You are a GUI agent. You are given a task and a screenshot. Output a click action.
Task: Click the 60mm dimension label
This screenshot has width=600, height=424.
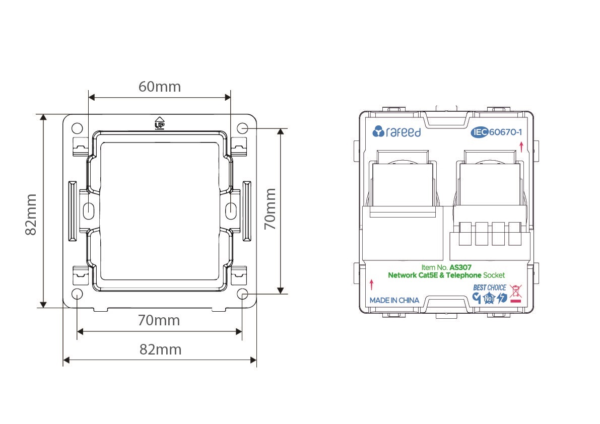[160, 87]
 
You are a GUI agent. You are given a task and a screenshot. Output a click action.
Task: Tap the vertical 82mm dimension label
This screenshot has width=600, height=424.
[31, 214]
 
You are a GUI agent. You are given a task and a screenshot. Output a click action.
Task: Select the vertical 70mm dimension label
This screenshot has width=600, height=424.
[270, 209]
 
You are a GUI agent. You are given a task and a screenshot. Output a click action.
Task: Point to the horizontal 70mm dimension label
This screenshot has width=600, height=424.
[159, 320]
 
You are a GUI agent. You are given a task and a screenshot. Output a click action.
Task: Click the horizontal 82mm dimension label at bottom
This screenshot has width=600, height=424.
[160, 349]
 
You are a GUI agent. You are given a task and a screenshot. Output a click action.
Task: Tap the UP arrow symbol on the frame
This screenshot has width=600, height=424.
[159, 123]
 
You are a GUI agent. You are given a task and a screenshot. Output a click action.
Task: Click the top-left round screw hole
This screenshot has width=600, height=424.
[77, 128]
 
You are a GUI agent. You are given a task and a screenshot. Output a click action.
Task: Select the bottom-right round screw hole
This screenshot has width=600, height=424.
[242, 294]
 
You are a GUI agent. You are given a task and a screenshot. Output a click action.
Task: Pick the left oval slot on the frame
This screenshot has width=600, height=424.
[88, 210]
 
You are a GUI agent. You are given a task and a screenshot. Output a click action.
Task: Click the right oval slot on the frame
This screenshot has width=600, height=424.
[231, 210]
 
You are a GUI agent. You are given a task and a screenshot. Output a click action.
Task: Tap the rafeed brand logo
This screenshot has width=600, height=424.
[396, 132]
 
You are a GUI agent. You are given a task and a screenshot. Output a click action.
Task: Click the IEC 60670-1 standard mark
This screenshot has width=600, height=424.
[496, 132]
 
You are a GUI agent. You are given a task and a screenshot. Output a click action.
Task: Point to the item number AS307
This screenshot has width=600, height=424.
[460, 267]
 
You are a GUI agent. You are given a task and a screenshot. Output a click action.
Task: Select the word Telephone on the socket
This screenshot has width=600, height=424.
[463, 275]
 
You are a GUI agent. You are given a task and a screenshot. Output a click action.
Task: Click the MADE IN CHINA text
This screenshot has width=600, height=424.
[394, 301]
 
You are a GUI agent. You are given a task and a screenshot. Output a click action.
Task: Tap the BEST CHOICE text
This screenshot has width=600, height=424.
[489, 288]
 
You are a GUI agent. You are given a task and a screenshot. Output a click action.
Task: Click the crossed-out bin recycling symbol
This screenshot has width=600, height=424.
[516, 294]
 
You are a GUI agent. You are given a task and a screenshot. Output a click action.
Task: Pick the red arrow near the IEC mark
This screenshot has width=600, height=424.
[521, 147]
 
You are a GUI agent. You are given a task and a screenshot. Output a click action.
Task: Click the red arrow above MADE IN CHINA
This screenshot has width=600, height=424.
[371, 285]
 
